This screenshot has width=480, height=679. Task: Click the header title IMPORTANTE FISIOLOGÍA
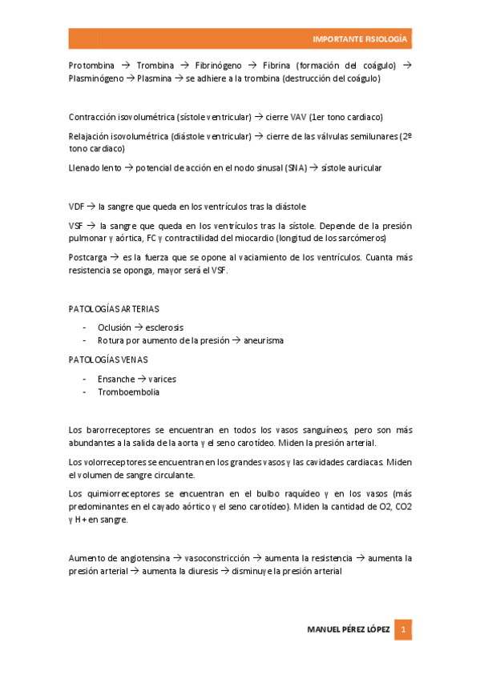tap(359, 39)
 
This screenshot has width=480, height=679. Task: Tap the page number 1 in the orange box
tap(405, 629)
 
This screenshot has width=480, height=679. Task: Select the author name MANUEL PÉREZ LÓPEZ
tap(349, 629)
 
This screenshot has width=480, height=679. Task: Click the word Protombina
tap(91, 65)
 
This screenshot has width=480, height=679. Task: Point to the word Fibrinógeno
tap(219, 65)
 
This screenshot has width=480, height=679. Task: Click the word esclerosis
tap(164, 327)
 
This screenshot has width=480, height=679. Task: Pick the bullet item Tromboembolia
tap(128, 392)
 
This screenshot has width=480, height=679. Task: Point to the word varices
tap(160, 378)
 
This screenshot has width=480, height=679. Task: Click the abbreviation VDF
tap(77, 207)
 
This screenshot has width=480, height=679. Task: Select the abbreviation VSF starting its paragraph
tap(77, 226)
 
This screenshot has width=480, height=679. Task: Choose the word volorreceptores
tap(114, 461)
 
